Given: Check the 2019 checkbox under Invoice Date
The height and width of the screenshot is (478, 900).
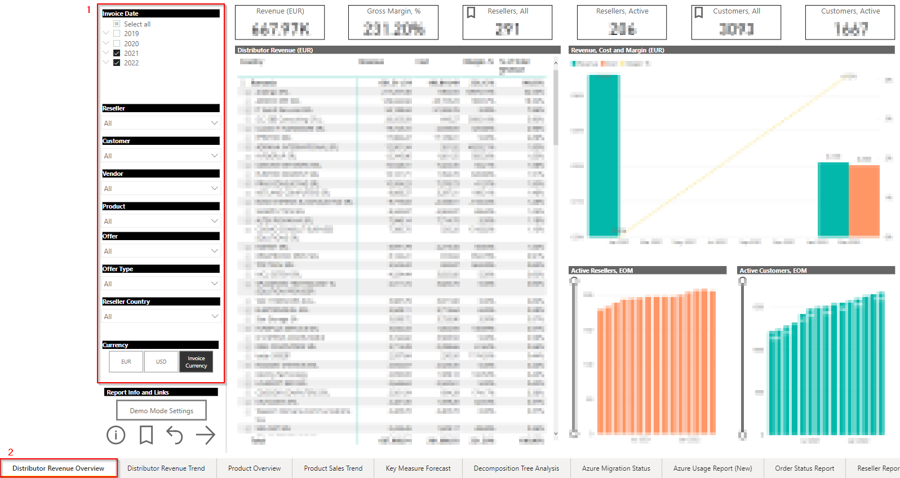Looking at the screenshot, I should click(117, 34).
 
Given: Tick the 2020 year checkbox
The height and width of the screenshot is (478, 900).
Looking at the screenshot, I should click(117, 43).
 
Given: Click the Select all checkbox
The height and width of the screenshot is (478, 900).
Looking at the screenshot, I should click(117, 24).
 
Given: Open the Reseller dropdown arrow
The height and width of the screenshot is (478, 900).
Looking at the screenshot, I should click(214, 123).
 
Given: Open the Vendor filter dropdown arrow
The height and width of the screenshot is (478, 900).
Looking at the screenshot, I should click(214, 188).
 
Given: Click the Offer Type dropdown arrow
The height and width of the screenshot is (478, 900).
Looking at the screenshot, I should click(214, 284).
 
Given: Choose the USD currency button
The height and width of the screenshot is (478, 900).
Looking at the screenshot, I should click(161, 362).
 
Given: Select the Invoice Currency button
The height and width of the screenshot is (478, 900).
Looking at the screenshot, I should click(196, 362).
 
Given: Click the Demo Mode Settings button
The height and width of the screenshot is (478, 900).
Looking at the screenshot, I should click(161, 410).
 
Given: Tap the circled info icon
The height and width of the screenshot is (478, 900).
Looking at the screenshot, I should click(116, 435).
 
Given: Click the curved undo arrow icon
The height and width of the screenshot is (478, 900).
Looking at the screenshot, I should click(175, 435).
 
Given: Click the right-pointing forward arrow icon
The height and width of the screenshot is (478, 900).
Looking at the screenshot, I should click(206, 435).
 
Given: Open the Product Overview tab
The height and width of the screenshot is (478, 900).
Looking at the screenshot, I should click(254, 468).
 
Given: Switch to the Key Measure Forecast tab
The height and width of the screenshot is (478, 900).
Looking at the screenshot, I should click(418, 468).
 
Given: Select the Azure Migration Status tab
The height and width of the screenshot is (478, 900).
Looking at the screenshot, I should click(616, 468).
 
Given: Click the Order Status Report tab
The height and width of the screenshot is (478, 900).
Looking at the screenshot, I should click(804, 468).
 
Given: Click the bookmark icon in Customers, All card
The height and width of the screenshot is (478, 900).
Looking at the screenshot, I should click(699, 12).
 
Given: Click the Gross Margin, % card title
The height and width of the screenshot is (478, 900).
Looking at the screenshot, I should click(393, 11).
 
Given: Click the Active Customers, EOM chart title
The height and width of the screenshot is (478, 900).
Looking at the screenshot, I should click(773, 271).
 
